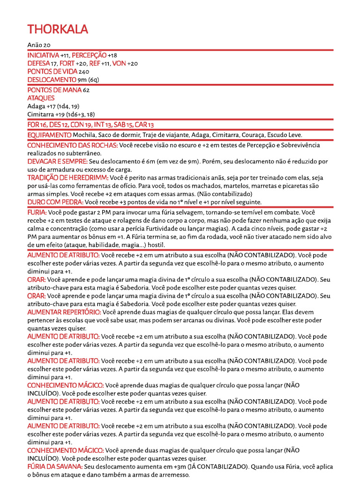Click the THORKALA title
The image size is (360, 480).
58,30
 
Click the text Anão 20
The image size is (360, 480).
39,45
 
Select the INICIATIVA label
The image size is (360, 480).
43,55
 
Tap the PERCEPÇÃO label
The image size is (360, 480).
89,55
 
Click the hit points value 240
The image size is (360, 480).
84,72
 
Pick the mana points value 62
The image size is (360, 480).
86,90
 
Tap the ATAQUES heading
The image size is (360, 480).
41,98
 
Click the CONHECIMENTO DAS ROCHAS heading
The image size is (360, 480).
73,145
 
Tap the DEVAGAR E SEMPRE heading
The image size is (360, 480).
57,161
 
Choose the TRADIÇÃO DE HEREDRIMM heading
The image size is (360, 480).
67,178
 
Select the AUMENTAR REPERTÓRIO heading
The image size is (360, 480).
63,312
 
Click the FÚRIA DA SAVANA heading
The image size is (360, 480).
55,467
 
